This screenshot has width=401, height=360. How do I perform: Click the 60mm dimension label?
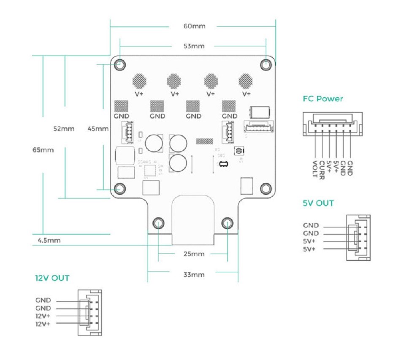[194, 26]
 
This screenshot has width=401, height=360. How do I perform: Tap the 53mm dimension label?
[194, 46]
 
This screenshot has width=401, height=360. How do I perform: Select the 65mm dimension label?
[43, 150]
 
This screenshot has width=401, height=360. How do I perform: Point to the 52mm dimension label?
[64, 128]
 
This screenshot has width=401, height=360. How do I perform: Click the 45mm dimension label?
[98, 128]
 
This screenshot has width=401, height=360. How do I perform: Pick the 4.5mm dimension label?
[49, 241]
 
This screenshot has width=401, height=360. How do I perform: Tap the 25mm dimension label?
[194, 254]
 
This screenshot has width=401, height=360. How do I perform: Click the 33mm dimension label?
[194, 275]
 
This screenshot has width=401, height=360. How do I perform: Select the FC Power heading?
[323, 99]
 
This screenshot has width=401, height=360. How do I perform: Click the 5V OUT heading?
[318, 203]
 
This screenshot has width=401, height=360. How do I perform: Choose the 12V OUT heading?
[52, 278]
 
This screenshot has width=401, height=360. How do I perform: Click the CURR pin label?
[322, 168]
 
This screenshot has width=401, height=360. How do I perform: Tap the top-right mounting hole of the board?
[266, 65]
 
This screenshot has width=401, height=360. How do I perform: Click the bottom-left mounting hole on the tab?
[159, 222]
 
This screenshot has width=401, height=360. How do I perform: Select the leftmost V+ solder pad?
[139, 79]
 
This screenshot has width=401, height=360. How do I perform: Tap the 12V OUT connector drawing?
[89, 312]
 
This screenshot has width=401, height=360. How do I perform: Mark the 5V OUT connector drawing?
[358, 237]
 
